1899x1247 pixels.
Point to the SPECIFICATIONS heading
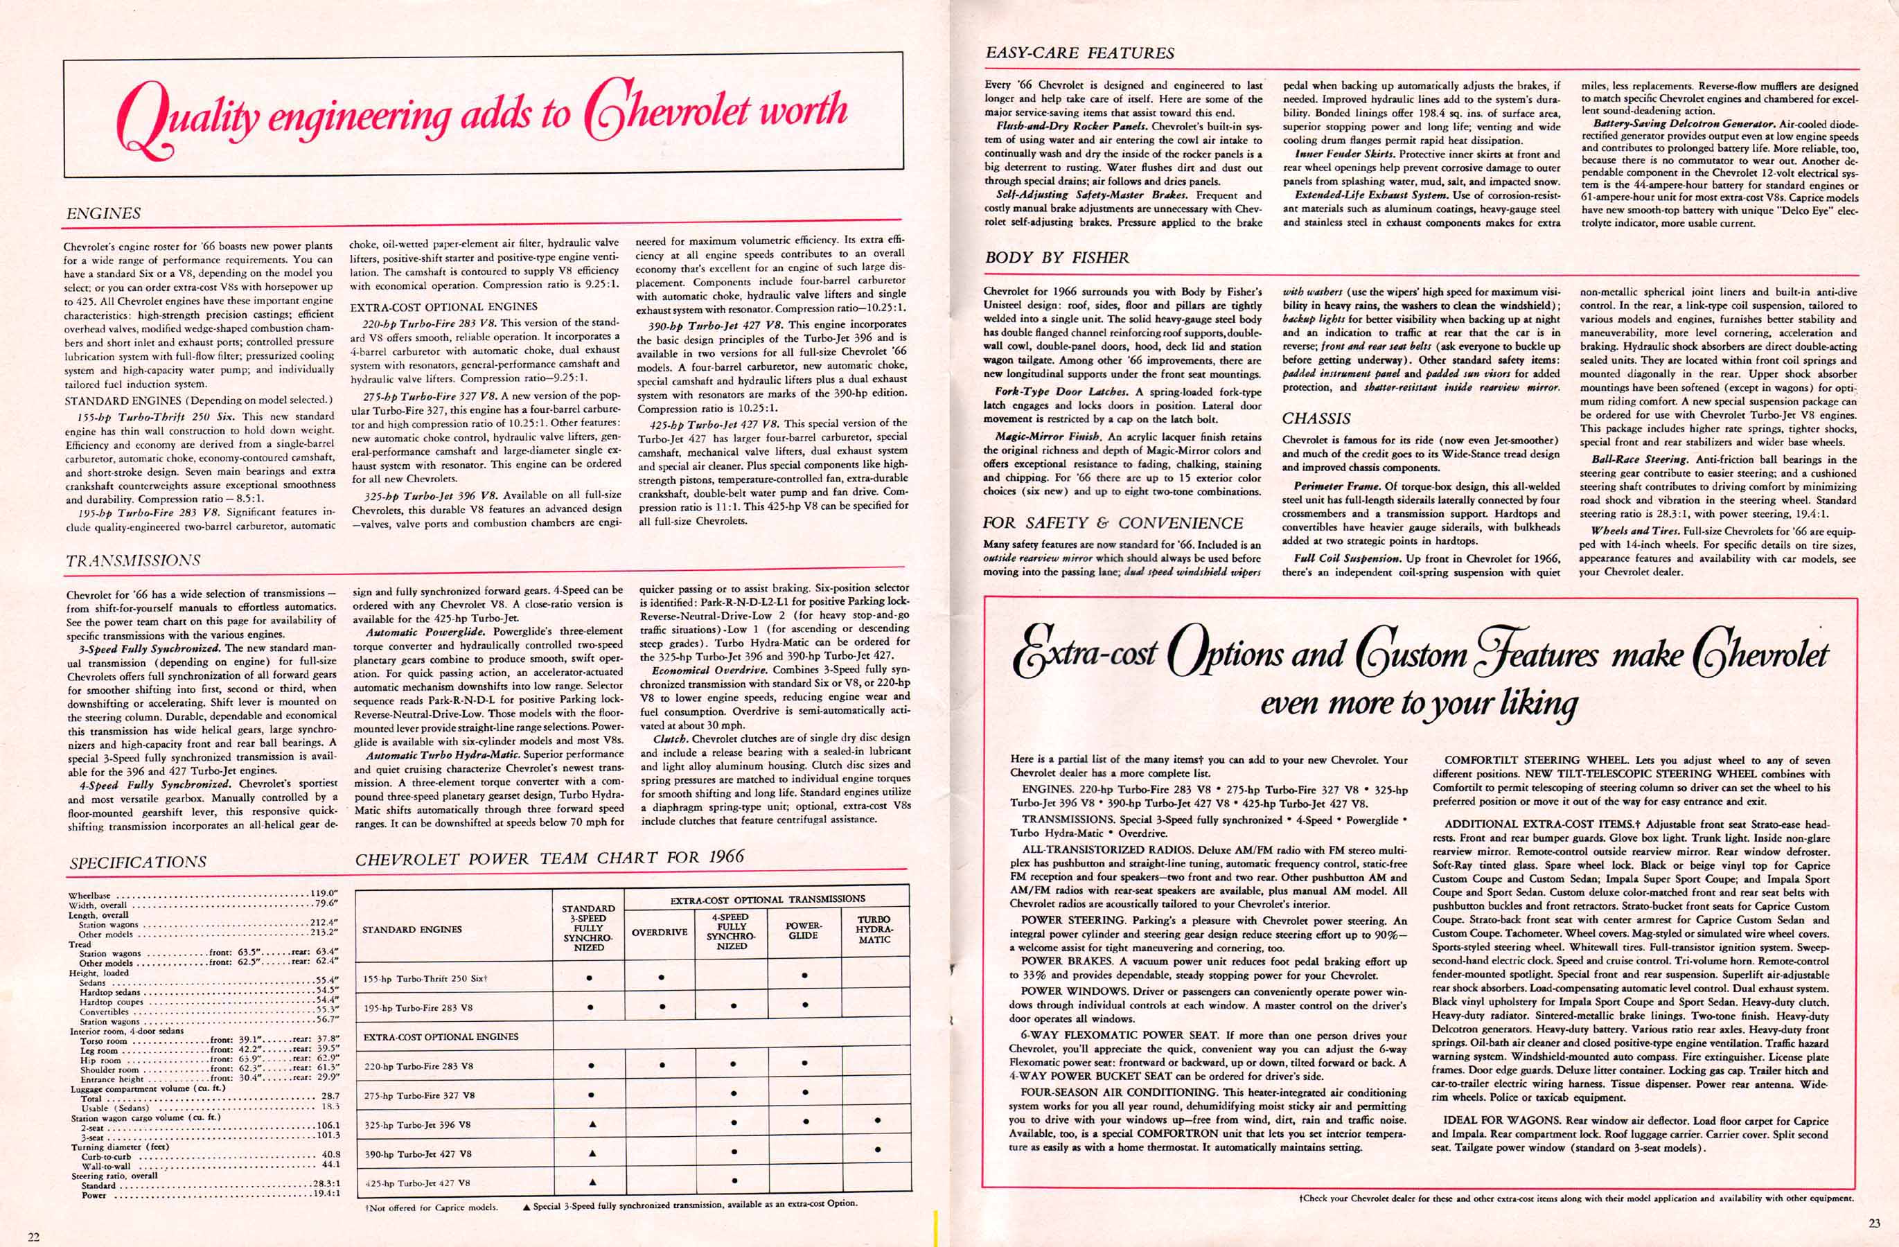click(137, 862)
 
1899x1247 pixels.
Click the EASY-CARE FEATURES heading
click(1079, 53)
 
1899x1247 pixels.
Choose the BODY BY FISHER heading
click(1057, 258)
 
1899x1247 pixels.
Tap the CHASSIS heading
click(1316, 418)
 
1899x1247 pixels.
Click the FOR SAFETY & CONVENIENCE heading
click(1113, 523)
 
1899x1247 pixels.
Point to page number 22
click(33, 1236)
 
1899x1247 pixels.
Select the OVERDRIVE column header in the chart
click(660, 931)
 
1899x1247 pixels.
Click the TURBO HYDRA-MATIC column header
click(874, 930)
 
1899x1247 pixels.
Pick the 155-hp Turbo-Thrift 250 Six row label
click(425, 978)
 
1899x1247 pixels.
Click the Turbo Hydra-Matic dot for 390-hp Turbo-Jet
click(877, 1150)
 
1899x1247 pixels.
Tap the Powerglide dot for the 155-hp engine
click(804, 975)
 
